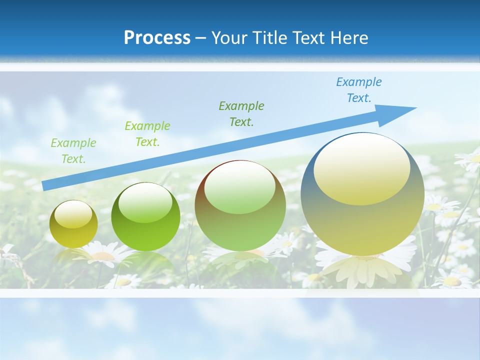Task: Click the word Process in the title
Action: pos(157,38)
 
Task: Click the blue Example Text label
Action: pos(358,90)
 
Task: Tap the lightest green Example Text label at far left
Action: pos(73,151)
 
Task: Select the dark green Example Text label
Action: pos(241,113)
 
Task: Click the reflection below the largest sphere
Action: pos(362,270)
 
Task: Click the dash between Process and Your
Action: pos(200,38)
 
